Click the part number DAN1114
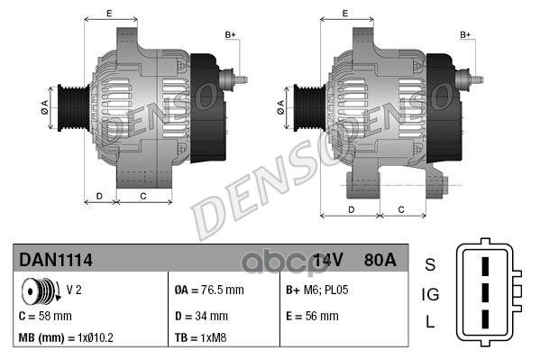coord(56,260)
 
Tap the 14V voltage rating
coord(328,260)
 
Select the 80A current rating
coord(378,260)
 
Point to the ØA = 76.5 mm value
coord(209,291)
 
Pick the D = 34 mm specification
coord(201,316)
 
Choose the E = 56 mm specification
coord(312,316)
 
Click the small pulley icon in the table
coord(40,291)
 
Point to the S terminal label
coord(430,264)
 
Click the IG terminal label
coord(431,293)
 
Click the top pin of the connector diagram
coord(484,266)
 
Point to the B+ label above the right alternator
coord(466,34)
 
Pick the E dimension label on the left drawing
coord(108,13)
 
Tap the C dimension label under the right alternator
coord(401,208)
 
